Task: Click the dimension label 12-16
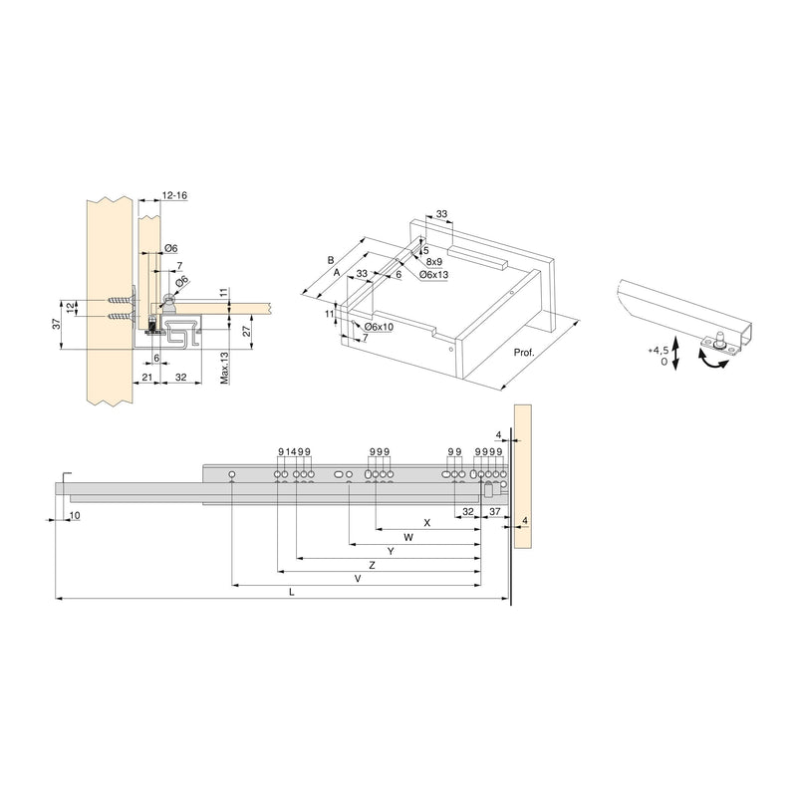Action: (173, 196)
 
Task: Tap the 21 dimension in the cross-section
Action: (146, 379)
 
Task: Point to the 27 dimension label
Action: (245, 334)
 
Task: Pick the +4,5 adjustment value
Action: (657, 351)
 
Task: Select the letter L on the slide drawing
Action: (292, 592)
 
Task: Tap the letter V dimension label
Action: (357, 578)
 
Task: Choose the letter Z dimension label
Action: (371, 565)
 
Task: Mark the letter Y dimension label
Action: (391, 551)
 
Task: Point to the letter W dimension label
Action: (408, 537)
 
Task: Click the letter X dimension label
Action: (426, 522)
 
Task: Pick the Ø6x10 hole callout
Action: (380, 328)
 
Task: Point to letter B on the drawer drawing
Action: (330, 260)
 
